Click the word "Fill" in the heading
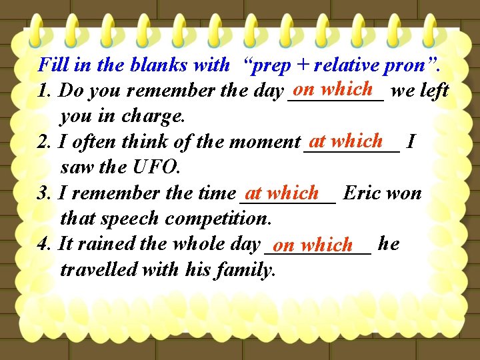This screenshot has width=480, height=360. tap(51, 65)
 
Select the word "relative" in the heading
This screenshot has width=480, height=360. tap(346, 65)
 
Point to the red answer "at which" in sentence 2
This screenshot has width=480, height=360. tap(346, 141)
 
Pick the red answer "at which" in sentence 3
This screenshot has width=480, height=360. tap(282, 193)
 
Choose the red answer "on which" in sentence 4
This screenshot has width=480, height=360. tap(313, 245)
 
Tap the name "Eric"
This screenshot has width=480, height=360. tap(363, 193)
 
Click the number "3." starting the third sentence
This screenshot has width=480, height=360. tap(46, 194)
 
